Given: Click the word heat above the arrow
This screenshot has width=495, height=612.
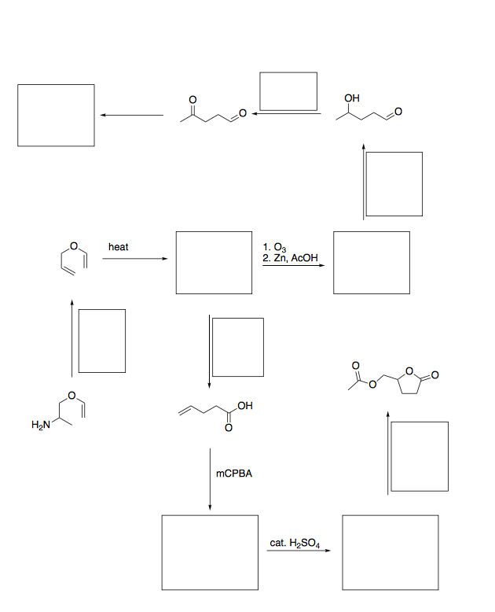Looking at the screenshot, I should coord(118,247).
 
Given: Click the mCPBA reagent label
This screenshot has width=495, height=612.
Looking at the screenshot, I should coord(234,475).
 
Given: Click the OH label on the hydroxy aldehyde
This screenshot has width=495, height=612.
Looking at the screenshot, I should coord(352,98).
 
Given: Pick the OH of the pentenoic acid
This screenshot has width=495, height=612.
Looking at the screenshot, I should coord(244,406).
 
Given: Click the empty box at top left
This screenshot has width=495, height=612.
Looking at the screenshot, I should coord(57,115).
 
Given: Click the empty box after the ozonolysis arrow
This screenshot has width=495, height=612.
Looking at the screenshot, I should coord(371,262).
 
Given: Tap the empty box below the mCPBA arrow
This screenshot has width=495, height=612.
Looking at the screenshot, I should coord(210,552).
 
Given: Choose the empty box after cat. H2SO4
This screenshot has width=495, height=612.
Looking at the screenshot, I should coord(390,552).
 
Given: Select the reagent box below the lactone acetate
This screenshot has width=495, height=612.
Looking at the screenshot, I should coord(420,456).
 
